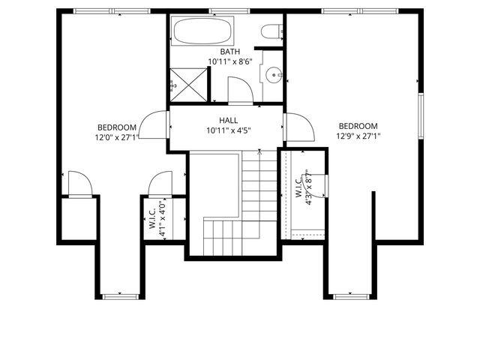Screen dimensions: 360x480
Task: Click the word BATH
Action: pos(229,52)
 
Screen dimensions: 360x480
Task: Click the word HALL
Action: pos(228,121)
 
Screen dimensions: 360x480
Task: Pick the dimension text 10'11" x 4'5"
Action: pos(228,130)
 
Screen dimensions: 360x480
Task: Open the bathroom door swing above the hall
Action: pos(241,91)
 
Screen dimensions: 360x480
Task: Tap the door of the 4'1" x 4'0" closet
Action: pos(160,184)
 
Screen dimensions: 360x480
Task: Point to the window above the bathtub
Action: pos(219,11)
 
